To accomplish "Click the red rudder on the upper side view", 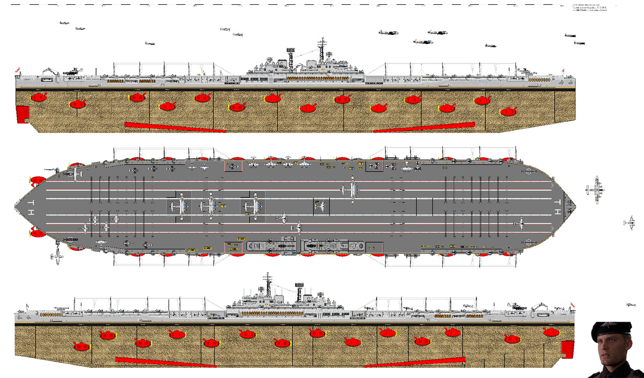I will (x=22, y=114).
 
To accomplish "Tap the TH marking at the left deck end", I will (x=31, y=207).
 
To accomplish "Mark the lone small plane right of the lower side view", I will (x=631, y=305).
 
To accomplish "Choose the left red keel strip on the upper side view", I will (x=175, y=127).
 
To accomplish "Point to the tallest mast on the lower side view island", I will (x=267, y=285).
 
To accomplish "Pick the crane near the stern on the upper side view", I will (x=49, y=71).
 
